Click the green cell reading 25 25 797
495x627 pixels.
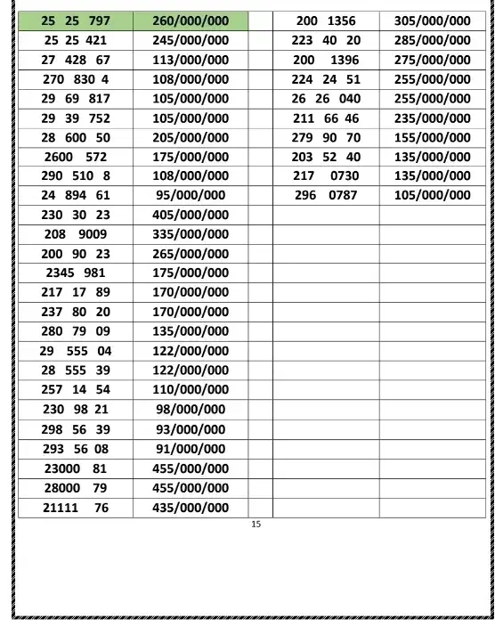pos(76,20)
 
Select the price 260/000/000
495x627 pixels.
pos(191,20)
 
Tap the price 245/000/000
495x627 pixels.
pos(191,40)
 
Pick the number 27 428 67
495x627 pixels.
pos(76,60)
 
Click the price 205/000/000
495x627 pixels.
pos(191,137)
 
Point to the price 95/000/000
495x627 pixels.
pos(191,195)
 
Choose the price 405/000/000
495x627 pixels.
pos(191,215)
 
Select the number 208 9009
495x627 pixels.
pos(76,234)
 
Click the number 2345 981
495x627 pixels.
pos(76,273)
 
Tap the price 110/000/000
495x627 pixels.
pos(191,389)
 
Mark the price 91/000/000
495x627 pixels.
pos(191,449)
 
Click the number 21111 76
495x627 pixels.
pos(76,508)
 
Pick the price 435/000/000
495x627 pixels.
pos(191,508)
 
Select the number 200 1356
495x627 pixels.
pos(326,20)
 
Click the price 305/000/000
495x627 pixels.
pos(433,20)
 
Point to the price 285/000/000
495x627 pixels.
pos(433,40)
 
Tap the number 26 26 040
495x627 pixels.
pos(326,99)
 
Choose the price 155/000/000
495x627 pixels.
pos(433,137)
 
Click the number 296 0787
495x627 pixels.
pos(326,195)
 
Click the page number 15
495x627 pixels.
pos(256,525)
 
